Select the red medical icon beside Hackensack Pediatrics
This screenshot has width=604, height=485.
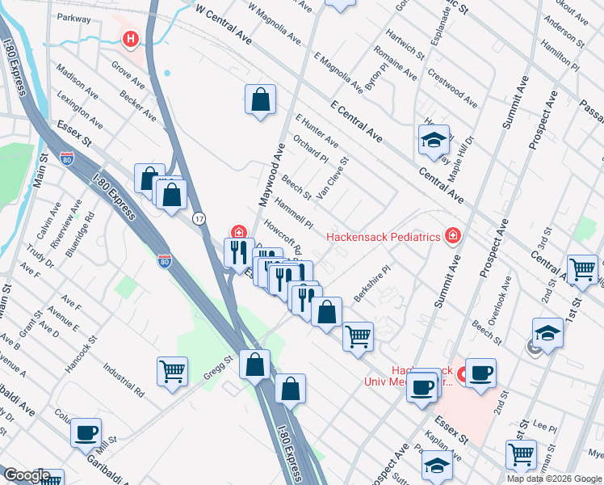click(x=453, y=235)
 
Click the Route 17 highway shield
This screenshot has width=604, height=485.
click(x=198, y=218)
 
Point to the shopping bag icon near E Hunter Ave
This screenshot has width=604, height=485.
click(x=260, y=101)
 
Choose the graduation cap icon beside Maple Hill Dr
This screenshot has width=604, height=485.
click(x=434, y=140)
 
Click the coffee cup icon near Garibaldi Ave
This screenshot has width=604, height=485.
click(x=86, y=432)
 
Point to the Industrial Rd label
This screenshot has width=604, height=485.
click(x=123, y=379)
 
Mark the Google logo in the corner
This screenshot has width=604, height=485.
click(x=26, y=476)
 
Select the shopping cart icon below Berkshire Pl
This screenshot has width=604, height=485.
click(x=358, y=335)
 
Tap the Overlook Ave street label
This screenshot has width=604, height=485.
click(x=505, y=299)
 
